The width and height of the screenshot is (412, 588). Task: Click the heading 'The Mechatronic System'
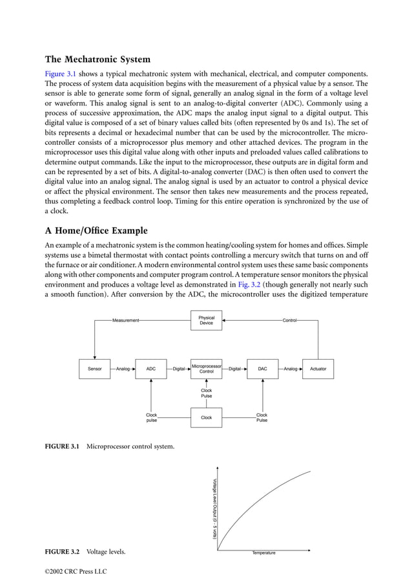coord(98,60)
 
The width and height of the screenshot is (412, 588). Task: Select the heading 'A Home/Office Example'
coord(96,231)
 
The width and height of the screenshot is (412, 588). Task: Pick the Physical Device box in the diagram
coord(206,320)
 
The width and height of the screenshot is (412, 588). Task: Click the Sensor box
coord(94,369)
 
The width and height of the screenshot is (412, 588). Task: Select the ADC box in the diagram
coord(150,369)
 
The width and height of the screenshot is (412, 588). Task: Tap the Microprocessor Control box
coord(206,369)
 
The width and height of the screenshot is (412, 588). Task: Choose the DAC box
coord(262,369)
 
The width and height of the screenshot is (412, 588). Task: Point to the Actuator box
coord(318,369)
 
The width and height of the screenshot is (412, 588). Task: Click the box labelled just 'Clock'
coord(206,417)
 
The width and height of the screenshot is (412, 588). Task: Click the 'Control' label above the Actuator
coord(289,320)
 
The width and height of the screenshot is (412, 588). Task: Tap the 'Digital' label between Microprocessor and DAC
coord(234,369)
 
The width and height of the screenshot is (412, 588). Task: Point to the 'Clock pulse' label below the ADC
coord(151,417)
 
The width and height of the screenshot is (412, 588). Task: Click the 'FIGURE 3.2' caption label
coord(62,552)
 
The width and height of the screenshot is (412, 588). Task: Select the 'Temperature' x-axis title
coord(263,553)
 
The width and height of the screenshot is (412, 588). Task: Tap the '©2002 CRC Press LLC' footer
coord(76,572)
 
